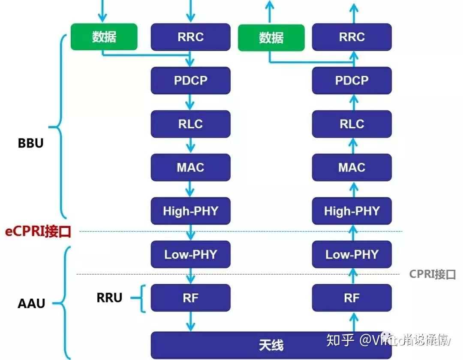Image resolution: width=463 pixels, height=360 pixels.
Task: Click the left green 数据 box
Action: [104, 37]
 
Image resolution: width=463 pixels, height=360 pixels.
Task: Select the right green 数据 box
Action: [271, 38]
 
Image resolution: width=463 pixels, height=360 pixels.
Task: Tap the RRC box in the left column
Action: [190, 37]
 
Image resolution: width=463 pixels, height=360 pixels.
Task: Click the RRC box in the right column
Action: [352, 37]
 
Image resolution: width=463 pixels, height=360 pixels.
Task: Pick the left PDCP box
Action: [190, 80]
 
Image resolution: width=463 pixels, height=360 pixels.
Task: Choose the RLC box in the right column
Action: [352, 124]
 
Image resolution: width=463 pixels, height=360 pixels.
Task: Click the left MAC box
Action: [190, 167]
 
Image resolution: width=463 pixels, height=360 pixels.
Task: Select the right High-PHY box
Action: [352, 211]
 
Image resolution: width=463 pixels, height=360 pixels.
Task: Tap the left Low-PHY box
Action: [190, 254]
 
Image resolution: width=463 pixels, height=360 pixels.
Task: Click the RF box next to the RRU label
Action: [190, 298]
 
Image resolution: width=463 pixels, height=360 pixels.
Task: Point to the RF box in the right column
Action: [352, 298]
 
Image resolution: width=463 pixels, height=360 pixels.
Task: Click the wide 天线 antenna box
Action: [271, 345]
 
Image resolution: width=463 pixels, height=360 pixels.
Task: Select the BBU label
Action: [30, 143]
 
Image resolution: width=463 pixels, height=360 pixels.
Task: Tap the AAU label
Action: [31, 303]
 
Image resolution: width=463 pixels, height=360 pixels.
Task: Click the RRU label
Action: [109, 297]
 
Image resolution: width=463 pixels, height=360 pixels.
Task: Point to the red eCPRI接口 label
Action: [38, 232]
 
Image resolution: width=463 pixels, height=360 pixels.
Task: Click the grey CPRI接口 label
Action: [432, 274]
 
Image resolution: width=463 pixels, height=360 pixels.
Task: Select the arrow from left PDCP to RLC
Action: [190, 102]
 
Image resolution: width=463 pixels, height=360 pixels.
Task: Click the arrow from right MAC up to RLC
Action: [353, 145]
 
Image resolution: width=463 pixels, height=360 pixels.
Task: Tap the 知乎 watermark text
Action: [340, 340]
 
